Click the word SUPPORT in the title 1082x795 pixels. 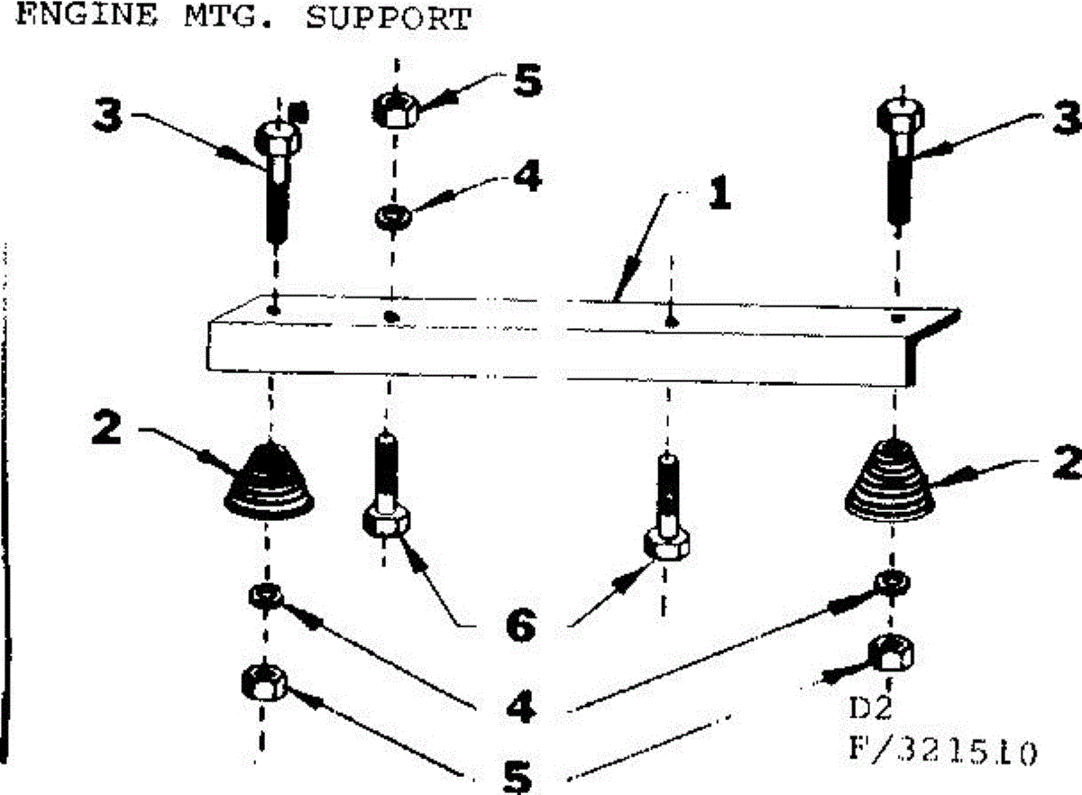pyautogui.click(x=388, y=18)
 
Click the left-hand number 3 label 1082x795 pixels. pyautogui.click(x=111, y=118)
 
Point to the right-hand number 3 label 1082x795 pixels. pyautogui.click(x=1065, y=118)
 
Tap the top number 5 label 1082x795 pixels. pyautogui.click(x=527, y=81)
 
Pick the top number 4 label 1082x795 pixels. pyautogui.click(x=527, y=177)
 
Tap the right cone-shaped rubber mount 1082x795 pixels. pyautogui.click(x=892, y=480)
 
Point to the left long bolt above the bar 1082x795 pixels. pyautogui.click(x=277, y=180)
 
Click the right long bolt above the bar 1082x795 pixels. pyautogui.click(x=899, y=162)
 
